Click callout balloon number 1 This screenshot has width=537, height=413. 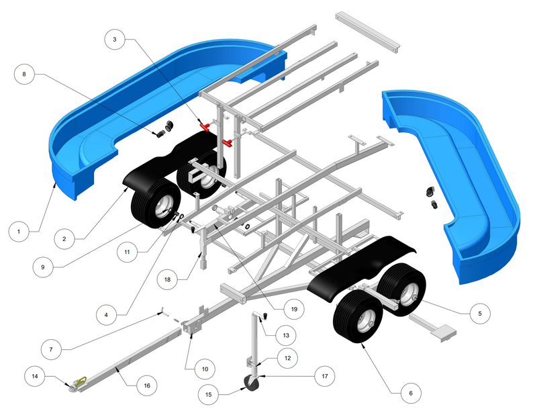(x=19, y=232)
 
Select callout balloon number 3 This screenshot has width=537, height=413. (x=114, y=40)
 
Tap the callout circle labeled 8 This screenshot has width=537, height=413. (x=24, y=75)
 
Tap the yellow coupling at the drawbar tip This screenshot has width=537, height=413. (x=81, y=381)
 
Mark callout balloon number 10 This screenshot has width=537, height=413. (x=205, y=369)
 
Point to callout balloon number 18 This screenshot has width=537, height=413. (x=169, y=277)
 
